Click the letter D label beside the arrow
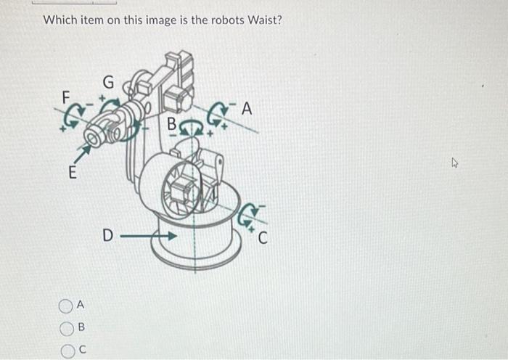107,236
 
